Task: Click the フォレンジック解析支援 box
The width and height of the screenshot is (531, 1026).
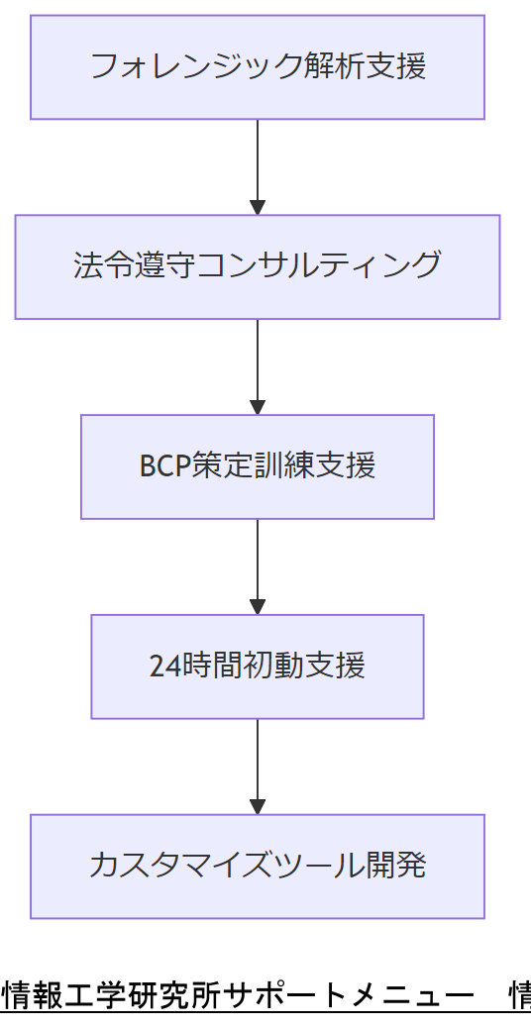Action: (x=258, y=67)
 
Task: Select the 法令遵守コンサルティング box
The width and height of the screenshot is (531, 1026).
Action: (x=258, y=266)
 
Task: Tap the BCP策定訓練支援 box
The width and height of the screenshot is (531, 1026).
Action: (x=258, y=466)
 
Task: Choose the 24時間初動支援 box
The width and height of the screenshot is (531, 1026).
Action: (x=258, y=666)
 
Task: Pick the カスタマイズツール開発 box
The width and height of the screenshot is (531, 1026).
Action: (x=258, y=866)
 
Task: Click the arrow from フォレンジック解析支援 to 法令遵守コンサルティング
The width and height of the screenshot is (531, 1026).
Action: (x=258, y=163)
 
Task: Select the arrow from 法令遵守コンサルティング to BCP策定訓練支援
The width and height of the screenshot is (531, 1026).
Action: (x=258, y=362)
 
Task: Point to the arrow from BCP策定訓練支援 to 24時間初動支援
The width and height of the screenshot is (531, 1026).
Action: (x=258, y=563)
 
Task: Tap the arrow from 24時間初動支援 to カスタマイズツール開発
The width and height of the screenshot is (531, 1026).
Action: (x=258, y=763)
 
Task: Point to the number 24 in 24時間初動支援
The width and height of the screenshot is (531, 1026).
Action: (x=162, y=666)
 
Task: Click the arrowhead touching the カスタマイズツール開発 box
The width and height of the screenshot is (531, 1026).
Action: (x=258, y=806)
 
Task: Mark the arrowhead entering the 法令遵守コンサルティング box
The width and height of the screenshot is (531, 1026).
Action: (x=258, y=207)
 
